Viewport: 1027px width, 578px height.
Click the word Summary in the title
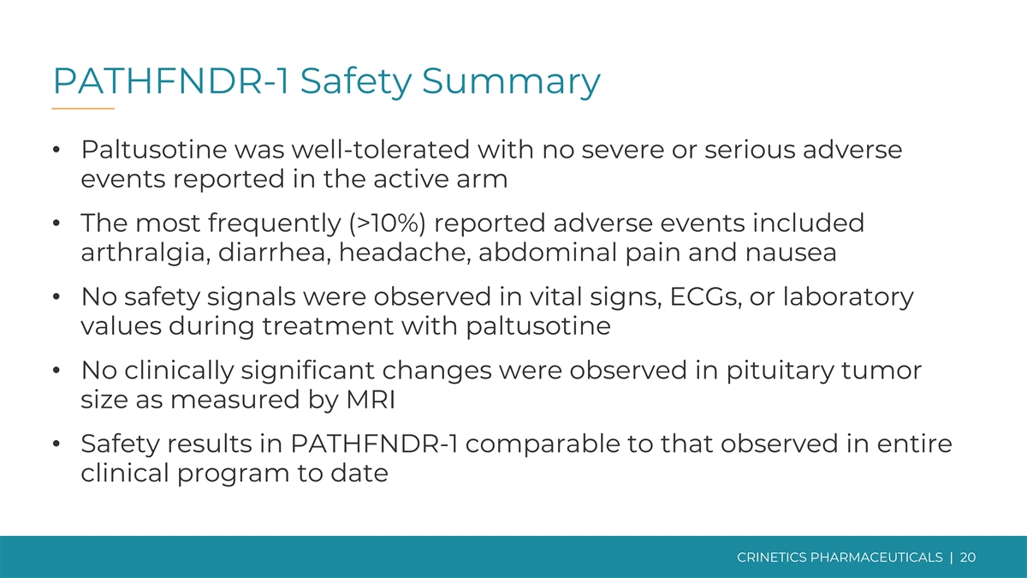coord(511,81)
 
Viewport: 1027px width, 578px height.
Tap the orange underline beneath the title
coord(83,109)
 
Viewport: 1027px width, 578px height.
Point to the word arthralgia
coord(142,253)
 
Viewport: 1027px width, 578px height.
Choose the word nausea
coord(791,253)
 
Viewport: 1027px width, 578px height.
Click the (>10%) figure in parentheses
coord(388,223)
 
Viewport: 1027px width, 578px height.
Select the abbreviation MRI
coord(371,400)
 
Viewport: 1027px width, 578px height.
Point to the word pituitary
coord(780,371)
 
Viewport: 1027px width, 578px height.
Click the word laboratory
coord(848,298)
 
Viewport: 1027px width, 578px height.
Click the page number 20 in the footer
coord(967,557)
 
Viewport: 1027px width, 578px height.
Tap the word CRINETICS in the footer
coord(772,557)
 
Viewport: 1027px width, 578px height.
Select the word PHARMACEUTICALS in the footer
coord(876,557)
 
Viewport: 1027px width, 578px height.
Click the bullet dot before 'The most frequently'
coord(56,223)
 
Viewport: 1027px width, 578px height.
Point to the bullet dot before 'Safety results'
coord(56,444)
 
